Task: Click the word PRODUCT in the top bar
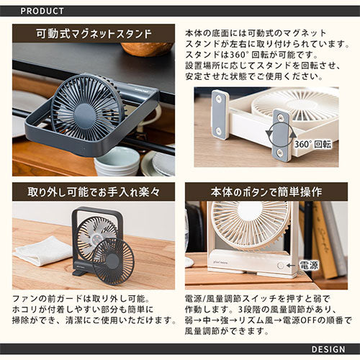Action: pyautogui.click(x=42, y=11)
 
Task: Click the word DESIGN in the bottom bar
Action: pyautogui.click(x=328, y=349)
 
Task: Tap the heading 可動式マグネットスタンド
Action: pyautogui.click(x=94, y=34)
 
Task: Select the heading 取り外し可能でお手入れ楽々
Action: pyautogui.click(x=94, y=192)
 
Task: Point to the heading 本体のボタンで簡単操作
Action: pyautogui.click(x=266, y=192)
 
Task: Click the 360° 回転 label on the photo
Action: pyautogui.click(x=312, y=144)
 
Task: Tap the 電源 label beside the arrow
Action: pyautogui.click(x=309, y=265)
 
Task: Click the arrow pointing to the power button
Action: pyautogui.click(x=291, y=266)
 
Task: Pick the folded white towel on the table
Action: pyautogui.click(x=43, y=251)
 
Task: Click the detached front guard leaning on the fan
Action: pyautogui.click(x=113, y=261)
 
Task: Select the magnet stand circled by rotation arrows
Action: pyautogui.click(x=281, y=135)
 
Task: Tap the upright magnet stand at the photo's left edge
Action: pyautogui.click(x=220, y=114)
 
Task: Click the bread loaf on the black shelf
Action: pyautogui.click(x=147, y=49)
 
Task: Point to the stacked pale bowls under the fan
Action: pyautogui.click(x=117, y=161)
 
